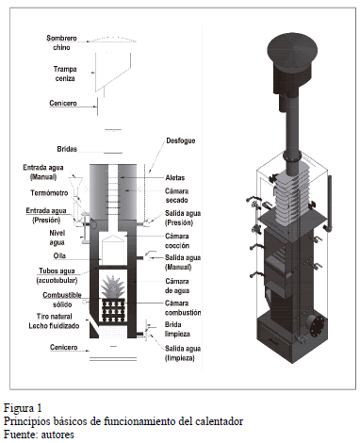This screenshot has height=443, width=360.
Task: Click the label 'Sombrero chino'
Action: (61, 42)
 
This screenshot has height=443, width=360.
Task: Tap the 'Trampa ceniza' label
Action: (65, 74)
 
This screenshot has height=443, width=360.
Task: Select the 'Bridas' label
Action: (67, 149)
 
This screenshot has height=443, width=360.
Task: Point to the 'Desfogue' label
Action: (181, 140)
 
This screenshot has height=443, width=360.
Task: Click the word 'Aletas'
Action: (175, 177)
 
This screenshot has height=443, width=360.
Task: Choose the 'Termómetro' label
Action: (49, 193)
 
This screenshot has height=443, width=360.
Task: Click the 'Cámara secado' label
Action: (177, 195)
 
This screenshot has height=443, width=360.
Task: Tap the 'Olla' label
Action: (59, 255)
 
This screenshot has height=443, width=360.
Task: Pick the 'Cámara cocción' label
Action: (177, 240)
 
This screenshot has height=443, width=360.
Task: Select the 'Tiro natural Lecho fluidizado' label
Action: (54, 321)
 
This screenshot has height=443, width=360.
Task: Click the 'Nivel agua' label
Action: (57, 238)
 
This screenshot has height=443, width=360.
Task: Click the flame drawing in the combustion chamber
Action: (113, 287)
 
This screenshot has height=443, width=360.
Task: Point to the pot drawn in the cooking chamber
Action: (112, 247)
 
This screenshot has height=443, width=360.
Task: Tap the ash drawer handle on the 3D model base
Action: (272, 340)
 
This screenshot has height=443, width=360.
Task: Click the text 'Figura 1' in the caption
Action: (23, 408)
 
